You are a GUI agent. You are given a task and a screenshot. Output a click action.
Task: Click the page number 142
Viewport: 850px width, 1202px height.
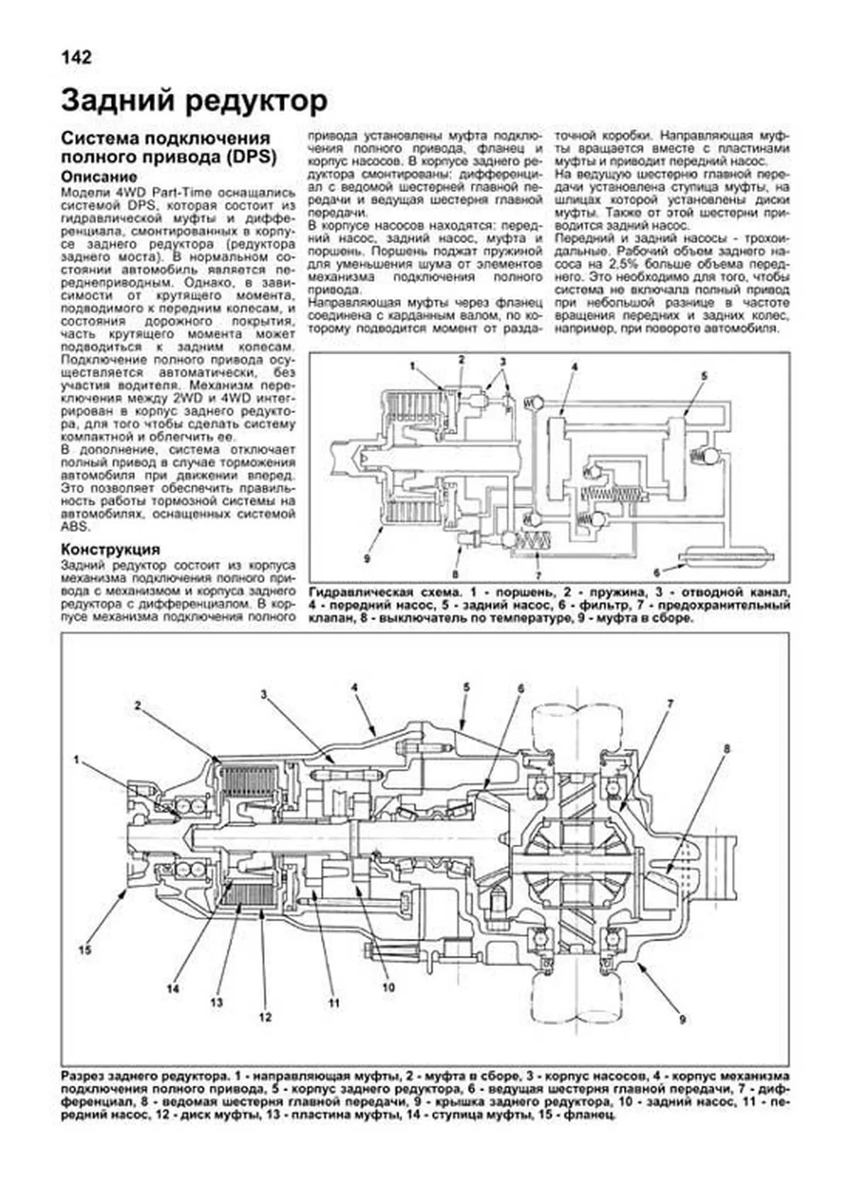(76, 57)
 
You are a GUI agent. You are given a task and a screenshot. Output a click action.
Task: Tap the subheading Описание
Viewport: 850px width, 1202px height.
(98, 177)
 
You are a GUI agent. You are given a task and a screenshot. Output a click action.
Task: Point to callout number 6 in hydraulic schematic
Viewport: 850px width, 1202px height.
(657, 572)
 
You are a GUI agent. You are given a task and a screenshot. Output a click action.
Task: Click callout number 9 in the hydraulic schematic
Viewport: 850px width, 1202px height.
(367, 559)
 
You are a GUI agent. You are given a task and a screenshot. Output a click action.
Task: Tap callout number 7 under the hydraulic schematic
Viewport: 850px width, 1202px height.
(538, 574)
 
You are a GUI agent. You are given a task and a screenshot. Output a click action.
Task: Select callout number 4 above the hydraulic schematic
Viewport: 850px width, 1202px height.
(574, 366)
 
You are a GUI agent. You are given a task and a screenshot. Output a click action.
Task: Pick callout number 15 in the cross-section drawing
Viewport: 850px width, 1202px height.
(85, 951)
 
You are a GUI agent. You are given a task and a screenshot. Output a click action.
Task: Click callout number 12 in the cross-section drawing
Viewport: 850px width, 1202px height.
(265, 1018)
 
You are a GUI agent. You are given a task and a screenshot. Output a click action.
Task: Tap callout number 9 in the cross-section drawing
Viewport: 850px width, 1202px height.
(682, 1020)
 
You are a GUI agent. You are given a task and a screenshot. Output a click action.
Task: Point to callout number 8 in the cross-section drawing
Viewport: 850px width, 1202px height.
(727, 749)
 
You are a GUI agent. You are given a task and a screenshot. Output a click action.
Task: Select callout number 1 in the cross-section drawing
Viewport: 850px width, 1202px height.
(76, 760)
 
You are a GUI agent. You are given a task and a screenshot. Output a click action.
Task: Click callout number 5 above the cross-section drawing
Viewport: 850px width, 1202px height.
(467, 686)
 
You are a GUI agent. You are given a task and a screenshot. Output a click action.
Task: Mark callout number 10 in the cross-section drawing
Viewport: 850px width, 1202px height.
(388, 987)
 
